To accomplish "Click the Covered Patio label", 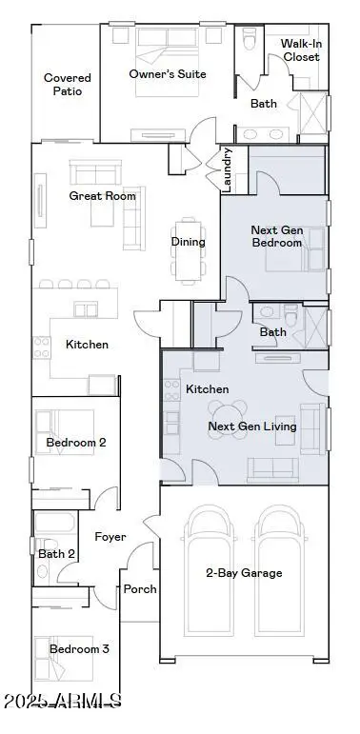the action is tap(68, 85).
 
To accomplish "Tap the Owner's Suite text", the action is tap(167, 74).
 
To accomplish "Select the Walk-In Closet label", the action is tap(302, 50).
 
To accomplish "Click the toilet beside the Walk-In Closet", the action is tap(250, 38).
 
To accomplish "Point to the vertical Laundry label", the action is tap(228, 169).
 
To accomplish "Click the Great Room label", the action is tap(102, 196).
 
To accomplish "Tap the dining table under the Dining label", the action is tap(189, 251).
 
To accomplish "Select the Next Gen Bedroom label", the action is tap(277, 236).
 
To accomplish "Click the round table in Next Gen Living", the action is tap(227, 420).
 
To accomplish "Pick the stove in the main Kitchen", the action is tap(42, 347).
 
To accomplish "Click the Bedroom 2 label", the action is tap(76, 442).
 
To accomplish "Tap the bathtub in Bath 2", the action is tap(54, 523).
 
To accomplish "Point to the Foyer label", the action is tap(110, 536).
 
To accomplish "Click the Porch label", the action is tap(139, 589).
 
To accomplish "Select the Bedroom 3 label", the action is tap(79, 649).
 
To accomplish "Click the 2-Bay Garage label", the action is tap(244, 572).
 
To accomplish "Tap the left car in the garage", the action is tap(208, 570).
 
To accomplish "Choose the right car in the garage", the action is tap(279, 570).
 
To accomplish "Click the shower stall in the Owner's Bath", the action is tap(312, 113).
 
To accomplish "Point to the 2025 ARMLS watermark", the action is tap(63, 701).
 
